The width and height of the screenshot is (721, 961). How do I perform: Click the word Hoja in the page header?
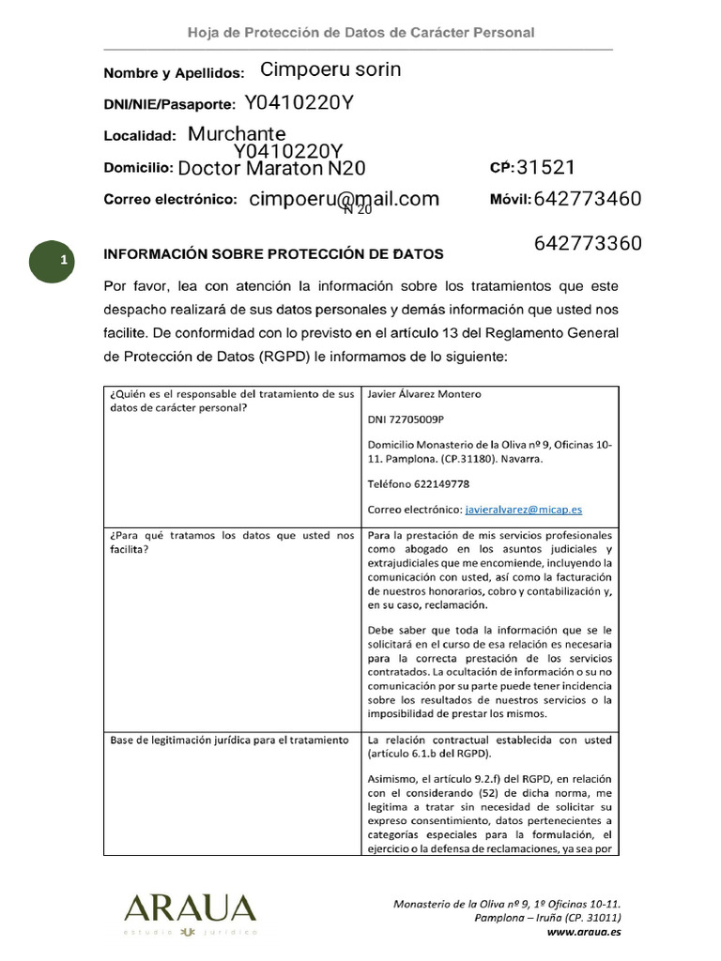point(203,33)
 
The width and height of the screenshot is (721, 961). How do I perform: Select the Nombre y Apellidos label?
point(174,73)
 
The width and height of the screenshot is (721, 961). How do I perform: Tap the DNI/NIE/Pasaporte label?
point(170,105)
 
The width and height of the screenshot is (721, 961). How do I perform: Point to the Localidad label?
point(140,136)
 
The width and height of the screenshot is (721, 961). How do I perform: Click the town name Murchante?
point(237,134)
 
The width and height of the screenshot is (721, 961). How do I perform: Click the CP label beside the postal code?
point(501,168)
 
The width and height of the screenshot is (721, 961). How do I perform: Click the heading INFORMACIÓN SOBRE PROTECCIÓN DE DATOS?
point(273,254)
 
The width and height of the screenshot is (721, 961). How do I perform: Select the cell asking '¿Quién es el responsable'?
point(231,401)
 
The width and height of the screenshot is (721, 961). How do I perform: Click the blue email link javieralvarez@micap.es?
point(523,510)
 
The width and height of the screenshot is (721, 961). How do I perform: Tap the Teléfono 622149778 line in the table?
point(419,484)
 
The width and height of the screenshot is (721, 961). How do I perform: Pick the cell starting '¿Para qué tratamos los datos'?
point(231,542)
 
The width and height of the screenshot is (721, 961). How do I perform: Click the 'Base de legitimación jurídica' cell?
point(230,740)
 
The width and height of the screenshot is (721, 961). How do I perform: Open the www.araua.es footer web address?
point(583,932)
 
